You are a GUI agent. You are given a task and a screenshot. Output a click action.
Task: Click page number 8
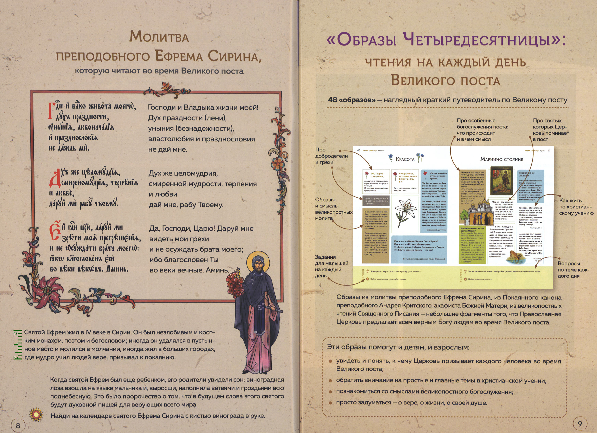point(18,425)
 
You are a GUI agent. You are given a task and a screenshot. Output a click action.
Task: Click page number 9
point(580,424)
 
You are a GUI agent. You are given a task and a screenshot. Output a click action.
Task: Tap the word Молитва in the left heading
point(159,37)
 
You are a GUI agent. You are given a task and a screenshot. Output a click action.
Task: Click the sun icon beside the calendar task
point(36,415)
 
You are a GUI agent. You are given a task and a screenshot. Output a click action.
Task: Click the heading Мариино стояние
point(501,159)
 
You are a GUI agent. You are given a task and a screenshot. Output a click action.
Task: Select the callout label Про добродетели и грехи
point(331,156)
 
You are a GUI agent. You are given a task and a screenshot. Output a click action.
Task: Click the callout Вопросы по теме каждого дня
point(569,269)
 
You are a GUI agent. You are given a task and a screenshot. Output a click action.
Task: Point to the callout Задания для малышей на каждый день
point(331,266)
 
